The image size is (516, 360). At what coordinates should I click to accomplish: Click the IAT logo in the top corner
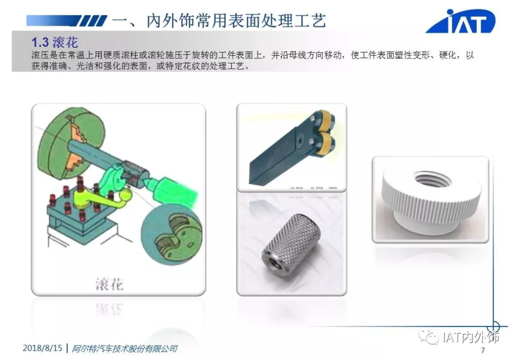[x=461, y=21]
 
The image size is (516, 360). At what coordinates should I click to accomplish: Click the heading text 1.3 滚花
[x=54, y=42]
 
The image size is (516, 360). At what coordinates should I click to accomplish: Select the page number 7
[x=483, y=350]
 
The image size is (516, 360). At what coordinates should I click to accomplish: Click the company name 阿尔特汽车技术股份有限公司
[x=124, y=349]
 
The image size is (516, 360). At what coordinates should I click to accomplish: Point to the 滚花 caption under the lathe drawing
[x=109, y=284]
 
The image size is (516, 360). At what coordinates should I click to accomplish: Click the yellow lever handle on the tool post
[x=100, y=201]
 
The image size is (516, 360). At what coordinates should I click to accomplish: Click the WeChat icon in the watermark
[x=428, y=337]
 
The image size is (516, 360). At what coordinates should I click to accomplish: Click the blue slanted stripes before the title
[x=93, y=21]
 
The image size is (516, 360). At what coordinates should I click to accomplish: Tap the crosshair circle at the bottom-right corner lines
[x=493, y=327]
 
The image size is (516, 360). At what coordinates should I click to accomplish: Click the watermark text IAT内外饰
[x=471, y=337]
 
